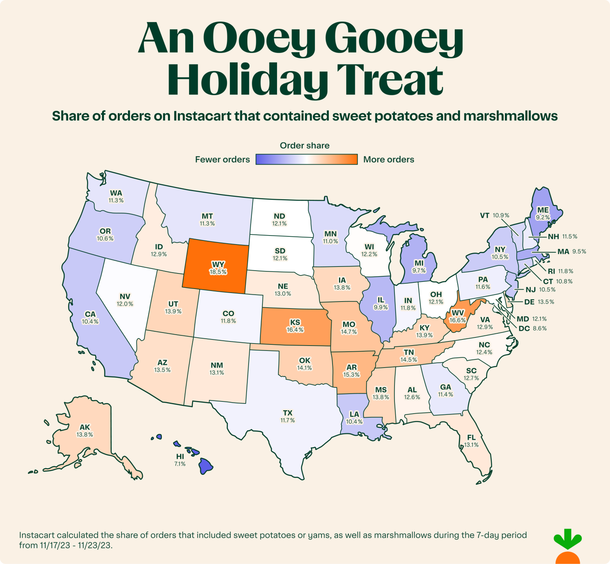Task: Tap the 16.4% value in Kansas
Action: pos(295,330)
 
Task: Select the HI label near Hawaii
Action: pos(180,456)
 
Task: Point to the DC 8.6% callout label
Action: pos(532,328)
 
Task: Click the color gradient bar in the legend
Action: pos(306,159)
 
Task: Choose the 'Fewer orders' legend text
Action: pos(222,159)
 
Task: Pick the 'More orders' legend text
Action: pos(389,159)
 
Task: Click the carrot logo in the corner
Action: pos(568,546)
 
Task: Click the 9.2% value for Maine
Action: pos(543,217)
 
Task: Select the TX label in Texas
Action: pos(288,413)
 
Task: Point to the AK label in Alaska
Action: pos(85,427)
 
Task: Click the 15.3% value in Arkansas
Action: pos(351,375)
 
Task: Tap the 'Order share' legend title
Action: pos(305,145)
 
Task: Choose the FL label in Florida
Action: pos(471,437)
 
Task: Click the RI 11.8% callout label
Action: pos(560,271)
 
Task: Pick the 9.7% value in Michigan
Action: pos(419,271)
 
